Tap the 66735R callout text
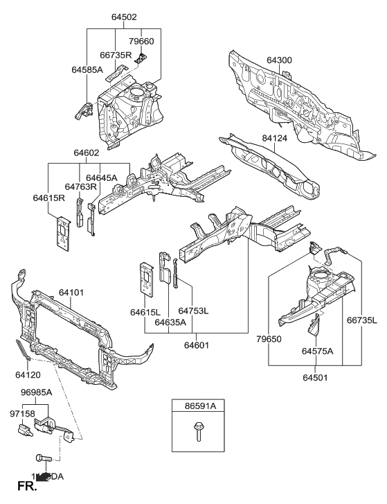coord(116,55)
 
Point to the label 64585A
coord(87,69)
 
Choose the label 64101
coord(71,293)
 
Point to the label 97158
coord(22,414)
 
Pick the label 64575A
coord(317,351)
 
